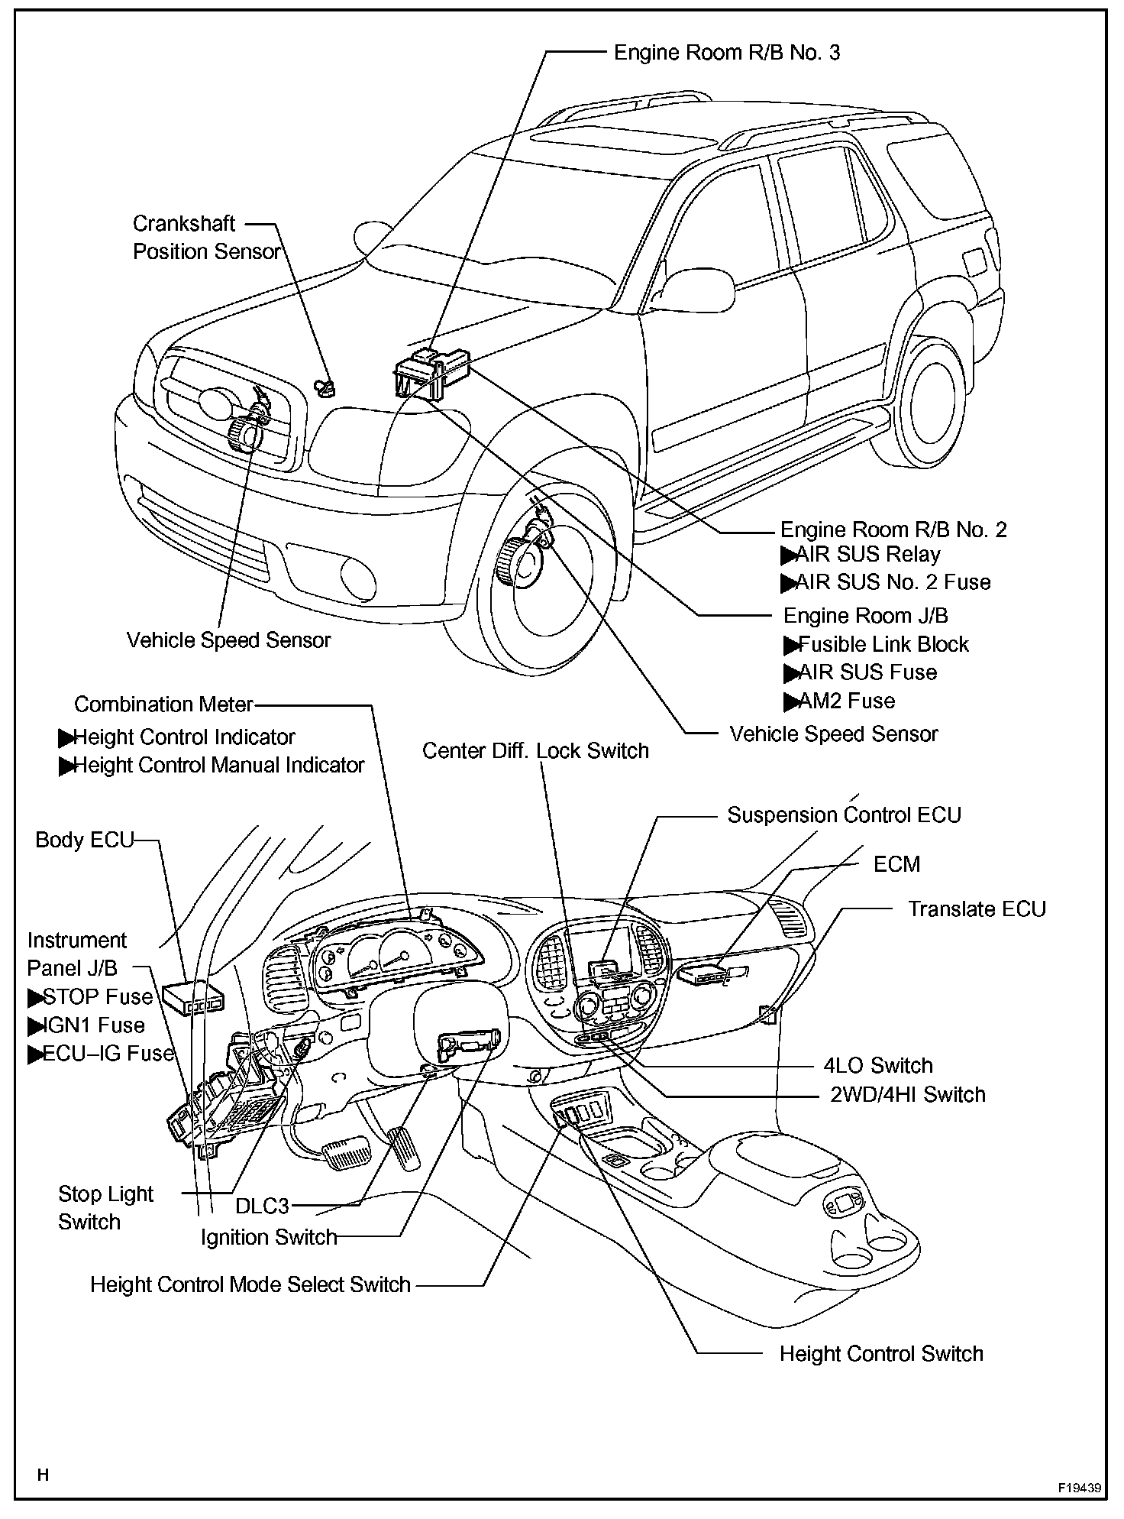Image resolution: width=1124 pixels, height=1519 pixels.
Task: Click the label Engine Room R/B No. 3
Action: (x=726, y=52)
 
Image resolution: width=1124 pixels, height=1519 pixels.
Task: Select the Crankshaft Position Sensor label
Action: (x=206, y=238)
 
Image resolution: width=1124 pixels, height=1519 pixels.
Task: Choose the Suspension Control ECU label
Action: (x=843, y=815)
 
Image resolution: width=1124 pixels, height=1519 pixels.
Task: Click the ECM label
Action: (x=896, y=863)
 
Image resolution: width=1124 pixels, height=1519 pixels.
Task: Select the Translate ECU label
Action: (x=976, y=908)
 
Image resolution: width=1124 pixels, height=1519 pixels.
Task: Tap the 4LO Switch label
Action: (x=878, y=1065)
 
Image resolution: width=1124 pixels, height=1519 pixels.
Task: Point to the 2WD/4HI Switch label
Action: (x=907, y=1094)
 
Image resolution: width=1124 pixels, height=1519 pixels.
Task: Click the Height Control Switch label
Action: (x=880, y=1353)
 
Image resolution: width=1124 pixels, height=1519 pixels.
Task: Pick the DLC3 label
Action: (x=262, y=1206)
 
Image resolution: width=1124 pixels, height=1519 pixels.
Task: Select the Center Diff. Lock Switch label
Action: (x=535, y=750)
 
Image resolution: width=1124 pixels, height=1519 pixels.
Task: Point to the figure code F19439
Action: (x=1079, y=1488)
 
